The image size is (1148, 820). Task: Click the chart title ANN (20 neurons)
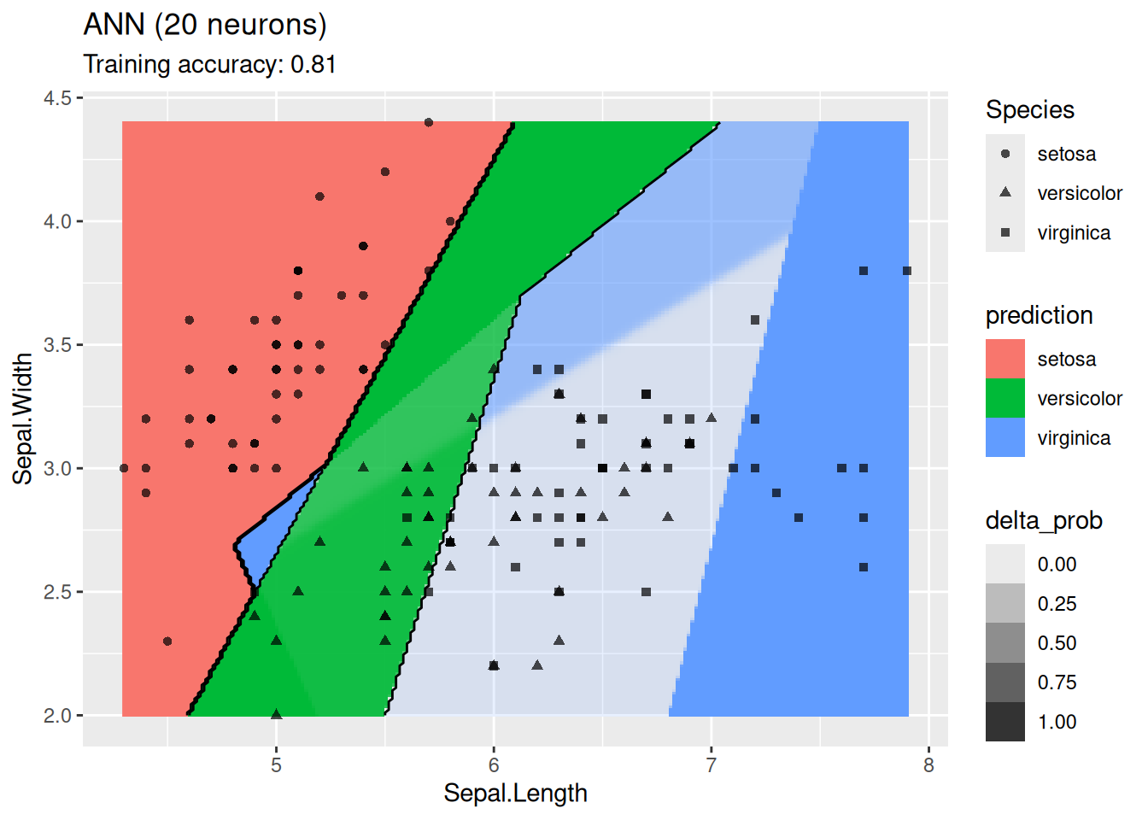[205, 25]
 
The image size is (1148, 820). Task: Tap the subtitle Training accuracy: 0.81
[209, 65]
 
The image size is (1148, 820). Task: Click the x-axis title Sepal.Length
[515, 794]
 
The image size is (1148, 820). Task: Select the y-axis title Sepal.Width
[22, 419]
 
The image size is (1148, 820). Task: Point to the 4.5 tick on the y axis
[58, 98]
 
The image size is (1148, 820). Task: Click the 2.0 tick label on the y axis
[58, 716]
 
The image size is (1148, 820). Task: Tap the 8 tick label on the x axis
[928, 765]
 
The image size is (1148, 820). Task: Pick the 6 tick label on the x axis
[494, 765]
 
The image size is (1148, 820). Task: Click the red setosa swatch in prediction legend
[1004, 359]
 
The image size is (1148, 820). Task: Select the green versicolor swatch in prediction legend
[1004, 398]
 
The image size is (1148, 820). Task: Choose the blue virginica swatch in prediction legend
[1004, 437]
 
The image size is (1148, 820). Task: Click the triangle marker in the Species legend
[1005, 193]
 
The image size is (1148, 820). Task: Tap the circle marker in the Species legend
[1005, 154]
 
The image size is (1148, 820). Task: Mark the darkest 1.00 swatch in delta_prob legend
[1004, 721]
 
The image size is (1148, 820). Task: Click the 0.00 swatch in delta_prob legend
[1004, 564]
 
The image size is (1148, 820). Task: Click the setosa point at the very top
[429, 122]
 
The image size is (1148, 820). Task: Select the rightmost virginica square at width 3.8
[907, 271]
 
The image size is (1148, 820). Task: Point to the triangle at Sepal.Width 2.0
[276, 714]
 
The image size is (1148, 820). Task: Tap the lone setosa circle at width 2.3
[167, 641]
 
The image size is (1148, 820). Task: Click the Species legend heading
[1029, 110]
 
